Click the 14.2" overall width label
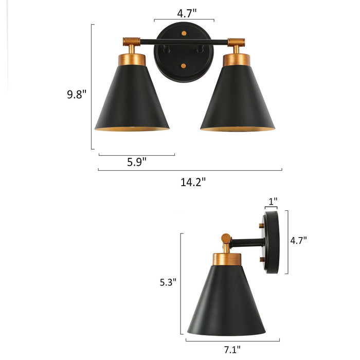pos(193,181)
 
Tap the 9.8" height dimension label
pos(77,94)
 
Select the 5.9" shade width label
pos(137,161)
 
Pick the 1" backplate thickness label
pos(273,200)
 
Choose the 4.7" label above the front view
pos(185,13)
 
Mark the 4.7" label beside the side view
pos(298,240)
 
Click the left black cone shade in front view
pos(132,100)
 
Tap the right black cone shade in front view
pos(237,100)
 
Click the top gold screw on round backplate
pos(184,33)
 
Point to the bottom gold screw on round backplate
pos(184,66)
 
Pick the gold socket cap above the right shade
pos(237,59)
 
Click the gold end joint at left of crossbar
pos(132,41)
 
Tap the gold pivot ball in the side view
pos(226,238)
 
